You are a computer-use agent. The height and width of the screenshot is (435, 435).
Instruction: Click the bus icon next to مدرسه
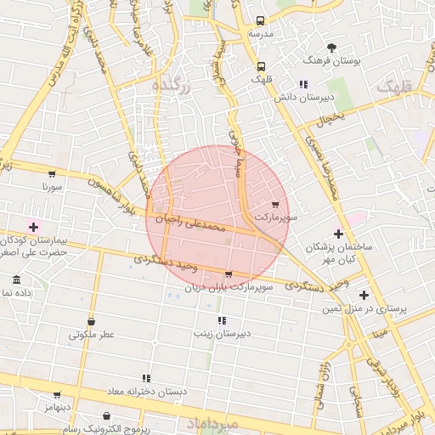[260, 20]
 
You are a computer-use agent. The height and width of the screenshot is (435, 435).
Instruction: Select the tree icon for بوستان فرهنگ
[331, 48]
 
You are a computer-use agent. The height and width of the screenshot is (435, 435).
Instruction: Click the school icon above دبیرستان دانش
[303, 84]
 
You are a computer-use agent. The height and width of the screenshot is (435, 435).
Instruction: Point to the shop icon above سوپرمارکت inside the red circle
[274, 205]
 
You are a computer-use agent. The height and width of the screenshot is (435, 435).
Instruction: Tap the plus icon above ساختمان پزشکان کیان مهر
[339, 234]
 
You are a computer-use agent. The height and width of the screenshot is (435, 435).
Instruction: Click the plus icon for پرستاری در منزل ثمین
[364, 296]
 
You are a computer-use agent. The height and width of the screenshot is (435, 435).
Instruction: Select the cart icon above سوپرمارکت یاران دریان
[229, 274]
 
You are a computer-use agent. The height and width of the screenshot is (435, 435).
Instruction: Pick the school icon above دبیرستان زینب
[222, 320]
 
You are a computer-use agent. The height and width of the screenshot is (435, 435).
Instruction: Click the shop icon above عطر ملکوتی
[91, 322]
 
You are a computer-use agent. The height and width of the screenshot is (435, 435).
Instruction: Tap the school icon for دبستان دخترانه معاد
[146, 378]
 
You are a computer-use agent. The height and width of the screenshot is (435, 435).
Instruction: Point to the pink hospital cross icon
[34, 227]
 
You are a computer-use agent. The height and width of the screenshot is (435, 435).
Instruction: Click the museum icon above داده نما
[17, 280]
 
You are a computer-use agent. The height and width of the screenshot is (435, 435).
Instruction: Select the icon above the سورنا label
[43, 170]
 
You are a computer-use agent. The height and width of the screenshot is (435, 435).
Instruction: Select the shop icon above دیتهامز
[57, 395]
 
